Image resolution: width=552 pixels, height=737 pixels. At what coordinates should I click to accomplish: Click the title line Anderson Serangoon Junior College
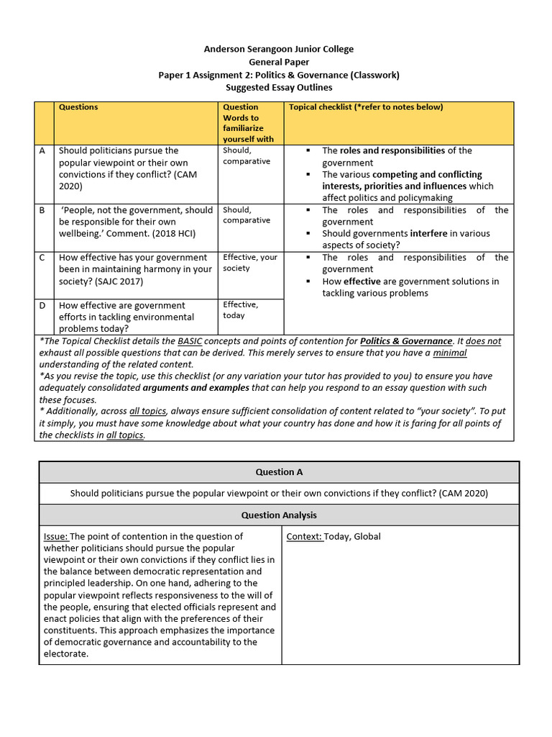279,49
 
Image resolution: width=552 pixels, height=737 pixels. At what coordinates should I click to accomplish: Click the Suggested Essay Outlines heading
279,88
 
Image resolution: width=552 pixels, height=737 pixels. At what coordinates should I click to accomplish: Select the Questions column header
78,107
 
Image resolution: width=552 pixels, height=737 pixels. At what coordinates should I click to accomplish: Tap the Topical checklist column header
366,107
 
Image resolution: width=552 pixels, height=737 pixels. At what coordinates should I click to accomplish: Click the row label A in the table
42,151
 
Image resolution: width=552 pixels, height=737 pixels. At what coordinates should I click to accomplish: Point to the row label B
42,210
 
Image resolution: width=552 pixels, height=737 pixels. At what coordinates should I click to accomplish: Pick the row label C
42,258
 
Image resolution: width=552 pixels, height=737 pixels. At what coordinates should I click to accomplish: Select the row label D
42,305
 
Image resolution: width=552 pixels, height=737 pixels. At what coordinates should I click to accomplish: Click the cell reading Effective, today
241,310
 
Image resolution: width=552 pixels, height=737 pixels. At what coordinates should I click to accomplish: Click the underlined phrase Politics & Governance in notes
406,341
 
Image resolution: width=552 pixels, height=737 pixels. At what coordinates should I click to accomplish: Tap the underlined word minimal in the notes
449,353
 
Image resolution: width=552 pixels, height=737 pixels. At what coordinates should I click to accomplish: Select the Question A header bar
279,472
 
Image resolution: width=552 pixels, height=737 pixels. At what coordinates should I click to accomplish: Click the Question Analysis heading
279,515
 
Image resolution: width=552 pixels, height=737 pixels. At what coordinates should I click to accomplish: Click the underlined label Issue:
56,536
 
